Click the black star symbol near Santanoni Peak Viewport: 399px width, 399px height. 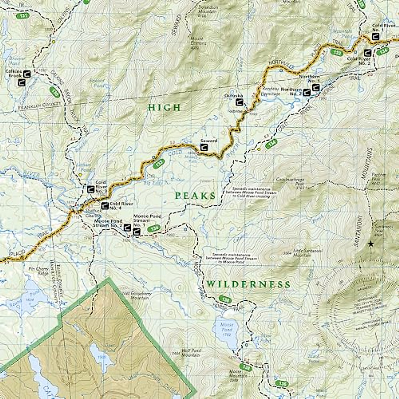point(371,244)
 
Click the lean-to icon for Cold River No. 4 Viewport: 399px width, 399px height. point(104,206)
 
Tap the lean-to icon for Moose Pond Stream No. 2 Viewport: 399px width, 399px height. point(127,228)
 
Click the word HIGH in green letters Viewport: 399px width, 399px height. point(165,107)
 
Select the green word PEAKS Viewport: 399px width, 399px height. point(196,196)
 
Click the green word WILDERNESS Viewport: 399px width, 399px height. point(248,285)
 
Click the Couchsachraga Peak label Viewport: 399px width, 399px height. point(290,182)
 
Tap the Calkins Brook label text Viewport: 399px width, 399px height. point(13,73)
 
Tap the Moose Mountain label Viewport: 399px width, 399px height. point(239,373)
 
